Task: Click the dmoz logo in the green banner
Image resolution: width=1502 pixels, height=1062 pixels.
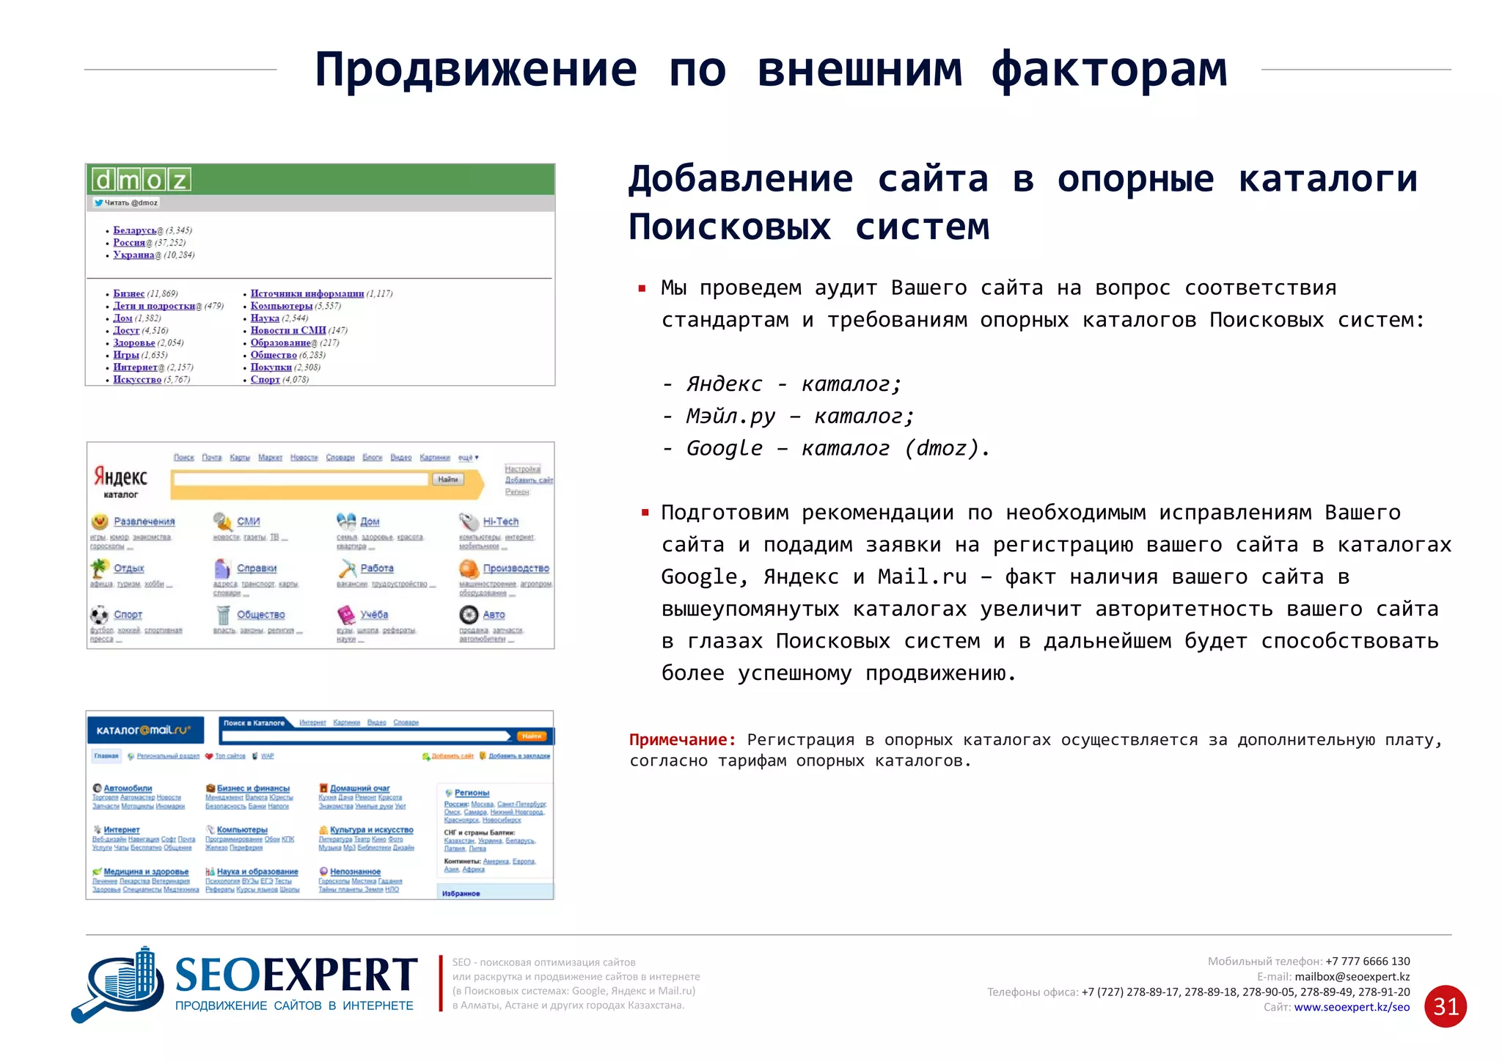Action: click(x=142, y=179)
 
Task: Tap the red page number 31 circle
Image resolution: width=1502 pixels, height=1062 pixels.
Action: click(x=1445, y=1006)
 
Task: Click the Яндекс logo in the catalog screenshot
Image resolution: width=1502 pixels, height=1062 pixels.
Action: click(x=120, y=477)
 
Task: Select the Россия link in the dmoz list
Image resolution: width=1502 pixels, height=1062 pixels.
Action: click(x=129, y=243)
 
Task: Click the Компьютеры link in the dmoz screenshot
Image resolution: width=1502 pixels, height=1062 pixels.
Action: click(x=281, y=306)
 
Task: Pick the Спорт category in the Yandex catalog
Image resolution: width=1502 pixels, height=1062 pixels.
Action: click(x=128, y=615)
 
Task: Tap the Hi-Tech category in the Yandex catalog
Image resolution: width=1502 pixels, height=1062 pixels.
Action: click(x=500, y=521)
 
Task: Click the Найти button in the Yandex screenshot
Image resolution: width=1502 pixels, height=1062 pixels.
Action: click(x=447, y=480)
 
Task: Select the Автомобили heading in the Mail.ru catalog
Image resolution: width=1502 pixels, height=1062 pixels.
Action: click(x=128, y=788)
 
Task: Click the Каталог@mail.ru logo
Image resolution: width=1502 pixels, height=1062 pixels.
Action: click(x=144, y=730)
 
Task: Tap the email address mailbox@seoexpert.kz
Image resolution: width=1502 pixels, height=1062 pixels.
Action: click(x=1352, y=977)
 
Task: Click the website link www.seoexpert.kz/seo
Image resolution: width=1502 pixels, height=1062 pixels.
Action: click(x=1352, y=1007)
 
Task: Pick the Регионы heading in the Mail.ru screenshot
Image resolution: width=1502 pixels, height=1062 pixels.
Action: click(x=471, y=793)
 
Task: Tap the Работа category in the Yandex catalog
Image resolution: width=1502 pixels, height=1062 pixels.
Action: click(x=376, y=568)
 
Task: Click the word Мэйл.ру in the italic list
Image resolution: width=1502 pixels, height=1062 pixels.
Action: click(x=730, y=417)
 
